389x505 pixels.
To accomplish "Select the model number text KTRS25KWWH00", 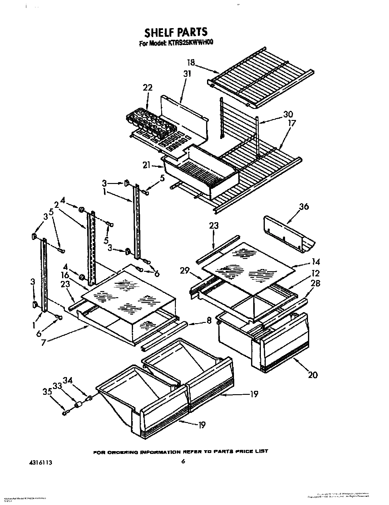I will click(x=189, y=43).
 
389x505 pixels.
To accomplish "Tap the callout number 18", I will click(x=191, y=63).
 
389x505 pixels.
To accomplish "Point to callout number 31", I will click(x=187, y=74).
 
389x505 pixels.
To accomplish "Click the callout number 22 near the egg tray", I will click(x=147, y=88).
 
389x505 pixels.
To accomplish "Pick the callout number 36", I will click(x=304, y=207).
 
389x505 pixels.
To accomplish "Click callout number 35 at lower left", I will click(x=47, y=392).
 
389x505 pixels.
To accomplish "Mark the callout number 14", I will click(x=316, y=262).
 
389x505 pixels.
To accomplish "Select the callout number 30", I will click(x=288, y=114).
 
